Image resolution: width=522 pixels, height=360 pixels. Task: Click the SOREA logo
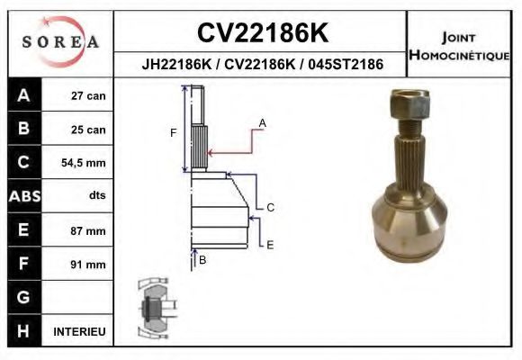[60, 42]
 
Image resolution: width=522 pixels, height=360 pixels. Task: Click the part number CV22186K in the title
[262, 33]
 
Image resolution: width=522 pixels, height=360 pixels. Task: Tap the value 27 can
[88, 96]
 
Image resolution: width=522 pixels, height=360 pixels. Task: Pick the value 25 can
[88, 130]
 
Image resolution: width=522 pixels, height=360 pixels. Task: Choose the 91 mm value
[88, 264]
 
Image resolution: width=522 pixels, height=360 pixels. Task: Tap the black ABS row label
[22, 196]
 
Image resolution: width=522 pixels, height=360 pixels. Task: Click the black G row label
[22, 297]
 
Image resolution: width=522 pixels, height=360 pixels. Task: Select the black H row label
[22, 331]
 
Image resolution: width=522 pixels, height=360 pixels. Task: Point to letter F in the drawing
[174, 133]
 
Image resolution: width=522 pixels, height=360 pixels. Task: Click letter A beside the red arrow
[262, 121]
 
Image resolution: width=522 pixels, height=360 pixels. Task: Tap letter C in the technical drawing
[270, 207]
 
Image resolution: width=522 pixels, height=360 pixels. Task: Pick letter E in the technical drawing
[270, 244]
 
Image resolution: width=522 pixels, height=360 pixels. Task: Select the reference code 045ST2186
[345, 65]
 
